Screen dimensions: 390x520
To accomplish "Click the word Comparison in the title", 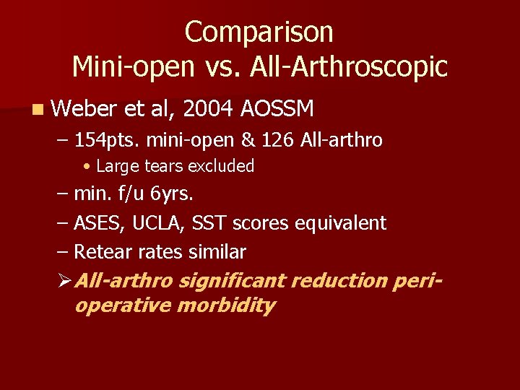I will (259, 32).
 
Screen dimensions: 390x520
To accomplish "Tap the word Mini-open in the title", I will (134, 67).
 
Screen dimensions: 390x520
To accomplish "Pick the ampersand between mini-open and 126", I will (279, 140).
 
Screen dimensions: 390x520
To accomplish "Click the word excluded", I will (221, 166).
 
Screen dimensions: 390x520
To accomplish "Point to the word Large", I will (110, 166).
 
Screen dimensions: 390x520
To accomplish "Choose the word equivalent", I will (341, 223).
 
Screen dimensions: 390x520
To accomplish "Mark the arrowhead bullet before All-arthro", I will (62, 279).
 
